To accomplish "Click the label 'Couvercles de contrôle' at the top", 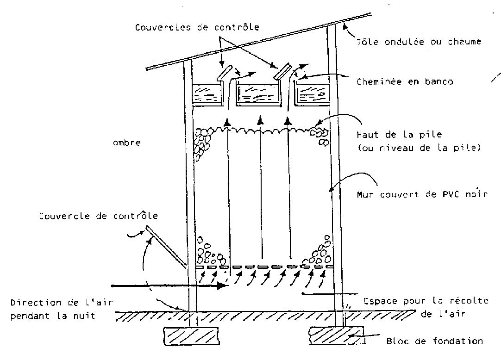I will click(x=197, y=27).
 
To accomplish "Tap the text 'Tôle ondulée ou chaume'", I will click(x=419, y=42).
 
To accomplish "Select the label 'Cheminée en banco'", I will click(x=405, y=82).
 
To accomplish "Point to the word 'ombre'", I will click(x=126, y=143).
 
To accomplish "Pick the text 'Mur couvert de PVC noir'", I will click(x=422, y=194).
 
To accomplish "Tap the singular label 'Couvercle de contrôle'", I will click(x=99, y=216).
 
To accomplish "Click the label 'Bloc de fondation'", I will click(x=435, y=341).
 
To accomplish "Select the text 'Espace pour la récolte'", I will click(x=426, y=301).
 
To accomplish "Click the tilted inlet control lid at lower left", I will click(x=166, y=246).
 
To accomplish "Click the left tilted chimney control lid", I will click(x=224, y=73).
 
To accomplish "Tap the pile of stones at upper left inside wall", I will click(x=201, y=143).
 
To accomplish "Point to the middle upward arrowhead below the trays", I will click(x=260, y=120).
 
